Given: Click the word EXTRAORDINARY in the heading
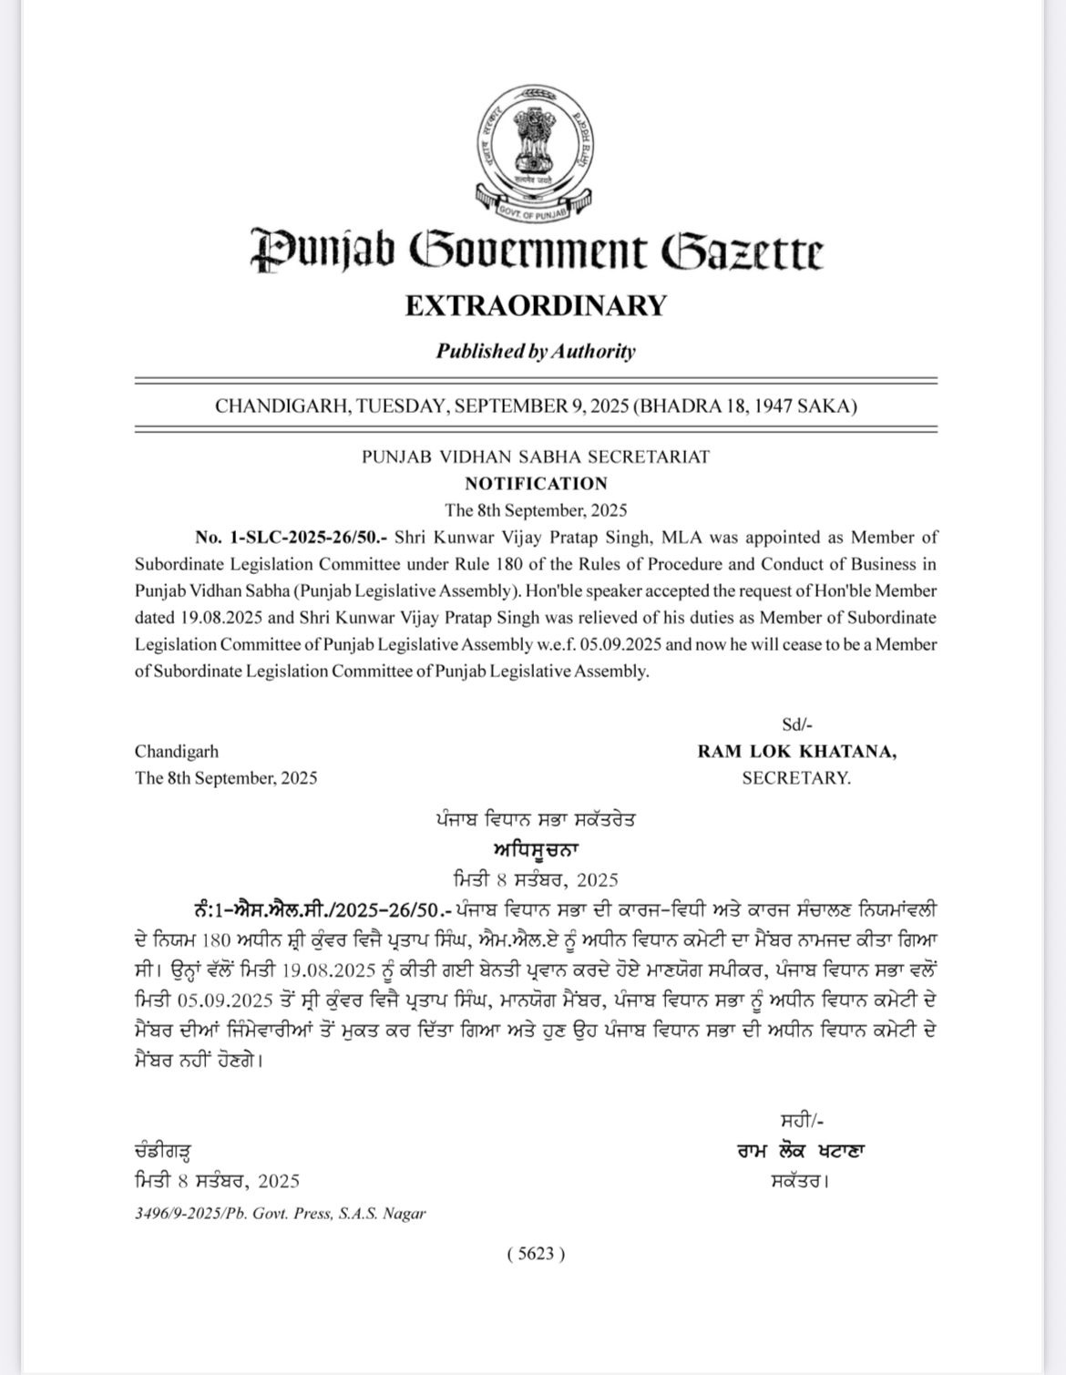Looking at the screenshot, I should [x=536, y=305].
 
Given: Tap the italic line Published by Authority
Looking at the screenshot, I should [x=536, y=352].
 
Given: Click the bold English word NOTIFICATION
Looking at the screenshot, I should [x=536, y=484].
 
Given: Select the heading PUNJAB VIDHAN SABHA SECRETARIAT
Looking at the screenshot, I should [x=536, y=457].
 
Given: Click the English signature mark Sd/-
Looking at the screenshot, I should [x=796, y=725].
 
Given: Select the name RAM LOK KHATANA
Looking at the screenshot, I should [x=796, y=752].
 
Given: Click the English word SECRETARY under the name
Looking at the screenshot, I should [x=796, y=778].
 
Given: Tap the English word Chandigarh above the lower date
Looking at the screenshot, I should [x=177, y=752].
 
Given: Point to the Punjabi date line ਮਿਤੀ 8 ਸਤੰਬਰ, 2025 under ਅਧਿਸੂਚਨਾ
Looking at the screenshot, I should [x=536, y=880].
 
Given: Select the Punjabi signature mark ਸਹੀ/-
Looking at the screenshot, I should [x=802, y=1122].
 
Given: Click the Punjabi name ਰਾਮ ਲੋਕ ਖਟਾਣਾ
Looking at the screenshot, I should [x=802, y=1151].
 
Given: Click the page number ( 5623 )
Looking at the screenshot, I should [x=536, y=1254].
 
